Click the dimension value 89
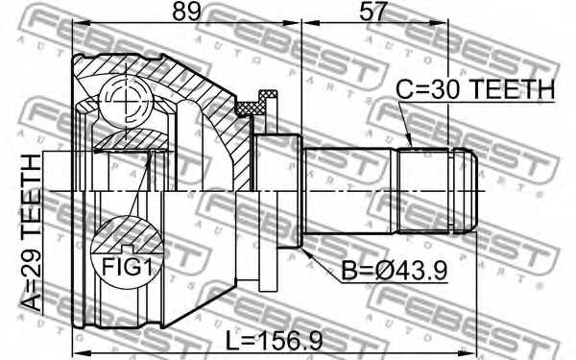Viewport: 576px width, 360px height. [x=187, y=11]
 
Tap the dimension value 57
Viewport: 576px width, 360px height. [x=372, y=11]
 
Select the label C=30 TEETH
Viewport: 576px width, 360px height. [x=475, y=89]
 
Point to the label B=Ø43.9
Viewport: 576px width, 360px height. [x=395, y=271]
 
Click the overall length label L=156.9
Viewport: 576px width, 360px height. [x=274, y=340]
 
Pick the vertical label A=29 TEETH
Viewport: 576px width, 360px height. [x=31, y=233]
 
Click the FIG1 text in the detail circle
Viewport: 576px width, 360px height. [x=127, y=266]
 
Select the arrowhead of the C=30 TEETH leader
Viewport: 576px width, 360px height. [x=409, y=141]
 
